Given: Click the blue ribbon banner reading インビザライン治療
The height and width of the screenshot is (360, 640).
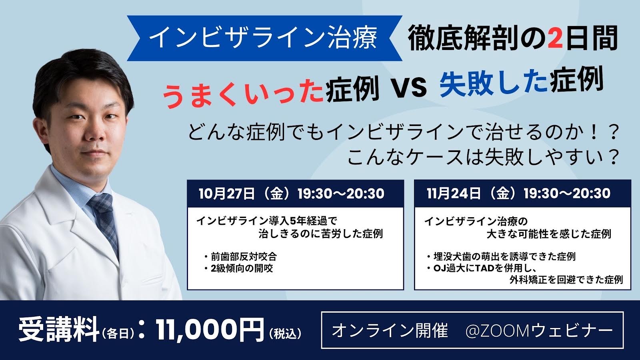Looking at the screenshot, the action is [x=264, y=38].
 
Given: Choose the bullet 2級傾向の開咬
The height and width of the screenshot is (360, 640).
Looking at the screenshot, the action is [x=239, y=268].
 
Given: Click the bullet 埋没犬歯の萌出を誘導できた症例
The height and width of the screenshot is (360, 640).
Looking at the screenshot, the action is [x=502, y=256].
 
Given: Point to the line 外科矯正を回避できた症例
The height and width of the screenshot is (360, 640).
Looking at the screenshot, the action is [x=566, y=280].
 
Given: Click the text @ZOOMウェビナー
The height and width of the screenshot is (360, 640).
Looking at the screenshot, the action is [x=539, y=330].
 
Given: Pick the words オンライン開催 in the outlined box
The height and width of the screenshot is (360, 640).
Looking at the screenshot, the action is [x=390, y=330].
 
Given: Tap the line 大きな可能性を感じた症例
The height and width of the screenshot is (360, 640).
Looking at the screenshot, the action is [x=549, y=234].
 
